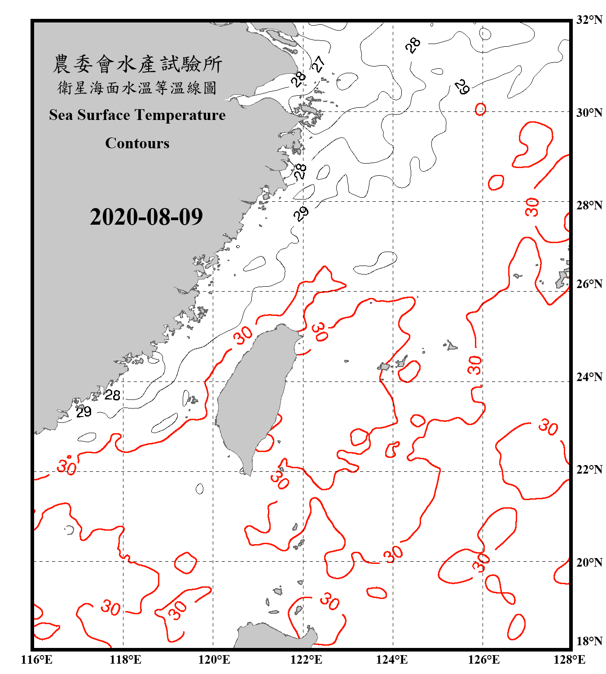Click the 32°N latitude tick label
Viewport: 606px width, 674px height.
589,20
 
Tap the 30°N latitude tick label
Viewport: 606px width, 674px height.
589,112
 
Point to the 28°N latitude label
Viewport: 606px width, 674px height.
589,205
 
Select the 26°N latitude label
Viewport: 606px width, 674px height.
589,284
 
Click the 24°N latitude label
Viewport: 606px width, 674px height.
589,377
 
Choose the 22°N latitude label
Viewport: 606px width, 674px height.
589,470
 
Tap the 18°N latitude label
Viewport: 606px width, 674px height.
589,641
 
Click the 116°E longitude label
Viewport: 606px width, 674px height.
37,660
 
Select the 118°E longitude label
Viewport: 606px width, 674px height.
125,660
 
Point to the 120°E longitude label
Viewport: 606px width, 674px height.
214,660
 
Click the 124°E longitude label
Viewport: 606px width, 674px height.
392,660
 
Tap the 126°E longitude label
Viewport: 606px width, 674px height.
483,660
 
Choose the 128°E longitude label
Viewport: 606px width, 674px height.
569,660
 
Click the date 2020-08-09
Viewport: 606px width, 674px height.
146,217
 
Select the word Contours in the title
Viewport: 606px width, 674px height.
137,143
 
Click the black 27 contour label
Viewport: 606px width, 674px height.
318,65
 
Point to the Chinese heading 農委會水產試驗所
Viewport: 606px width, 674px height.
137,64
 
